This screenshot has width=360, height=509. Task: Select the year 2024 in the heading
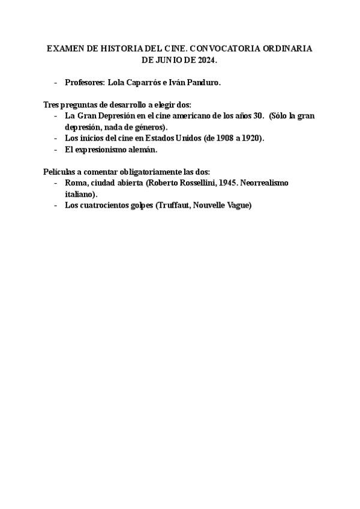tap(205, 61)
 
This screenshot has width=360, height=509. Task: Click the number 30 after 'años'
tap(259, 116)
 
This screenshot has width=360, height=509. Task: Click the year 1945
tap(225, 182)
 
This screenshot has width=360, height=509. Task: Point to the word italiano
tap(80, 193)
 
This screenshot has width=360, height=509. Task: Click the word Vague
tap(239, 205)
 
